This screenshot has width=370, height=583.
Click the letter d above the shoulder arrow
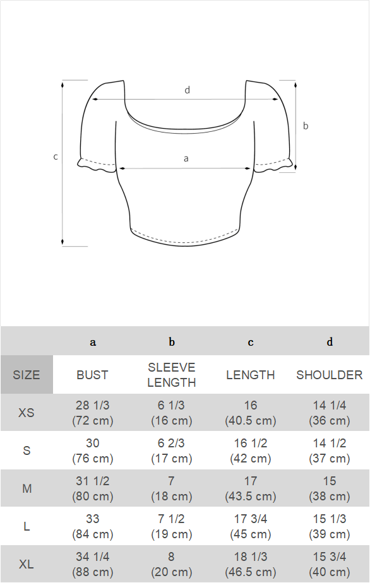(188, 90)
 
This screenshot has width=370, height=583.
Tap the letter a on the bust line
(186, 159)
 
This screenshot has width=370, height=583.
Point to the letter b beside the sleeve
(306, 126)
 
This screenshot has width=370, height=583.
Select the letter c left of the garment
(56, 157)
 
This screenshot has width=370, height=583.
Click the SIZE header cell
(27, 375)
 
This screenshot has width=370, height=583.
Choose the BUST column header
(92, 375)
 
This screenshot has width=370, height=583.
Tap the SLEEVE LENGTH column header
(172, 375)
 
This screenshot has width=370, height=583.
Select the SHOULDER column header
(330, 375)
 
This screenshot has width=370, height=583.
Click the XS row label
(27, 413)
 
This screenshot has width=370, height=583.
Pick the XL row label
(27, 565)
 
